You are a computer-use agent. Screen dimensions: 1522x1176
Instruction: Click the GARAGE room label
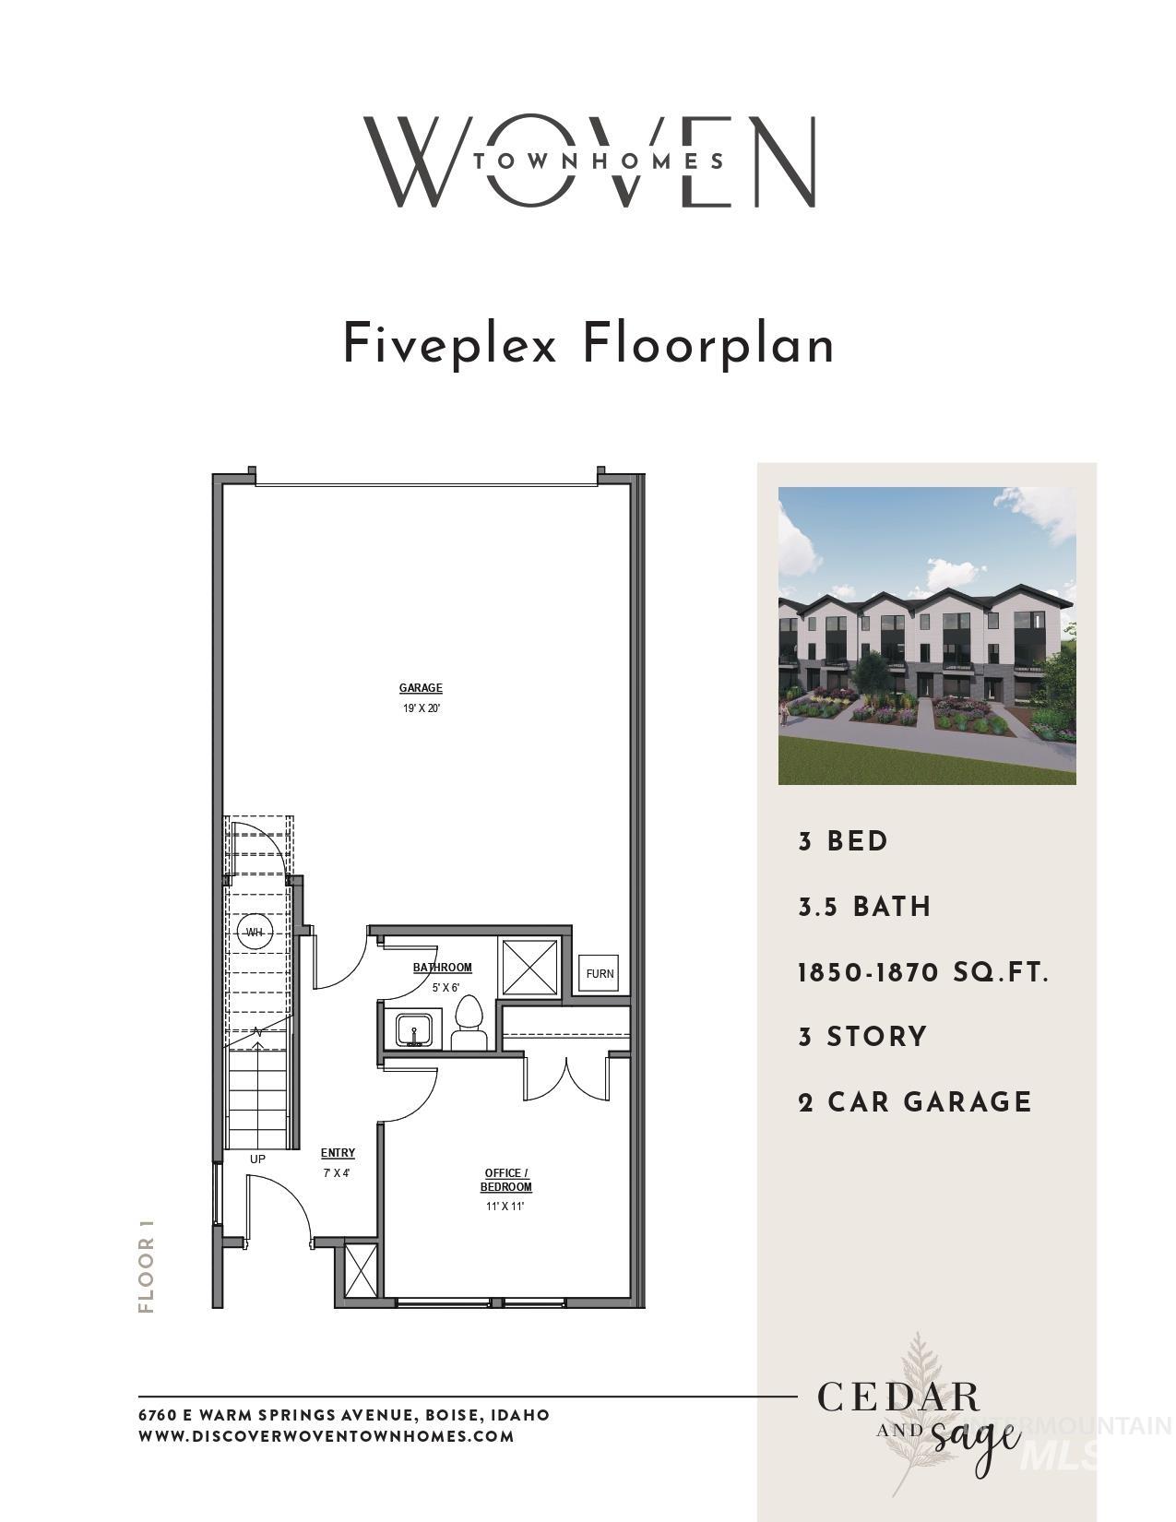tap(421, 688)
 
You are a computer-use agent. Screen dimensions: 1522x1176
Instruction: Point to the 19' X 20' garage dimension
tap(421, 709)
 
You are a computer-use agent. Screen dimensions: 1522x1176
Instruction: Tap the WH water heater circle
tap(254, 932)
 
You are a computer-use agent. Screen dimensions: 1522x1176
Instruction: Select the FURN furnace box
tap(600, 974)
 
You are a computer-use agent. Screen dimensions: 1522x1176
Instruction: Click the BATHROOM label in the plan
tap(442, 968)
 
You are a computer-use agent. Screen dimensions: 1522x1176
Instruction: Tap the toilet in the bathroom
tap(469, 1023)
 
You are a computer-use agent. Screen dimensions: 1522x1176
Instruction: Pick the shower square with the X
tap(529, 966)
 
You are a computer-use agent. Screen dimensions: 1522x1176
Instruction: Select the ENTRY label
tap(338, 1153)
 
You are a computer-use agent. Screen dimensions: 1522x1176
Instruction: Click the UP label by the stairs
tap(257, 1159)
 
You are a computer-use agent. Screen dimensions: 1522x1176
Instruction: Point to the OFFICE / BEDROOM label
tap(505, 1180)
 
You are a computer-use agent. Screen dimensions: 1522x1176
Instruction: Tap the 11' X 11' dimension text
tap(505, 1207)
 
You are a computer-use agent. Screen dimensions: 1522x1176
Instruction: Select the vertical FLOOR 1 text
tap(146, 1263)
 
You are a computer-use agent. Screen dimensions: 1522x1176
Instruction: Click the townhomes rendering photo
tap(926, 636)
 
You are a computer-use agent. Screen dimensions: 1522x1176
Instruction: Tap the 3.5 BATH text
tap(864, 907)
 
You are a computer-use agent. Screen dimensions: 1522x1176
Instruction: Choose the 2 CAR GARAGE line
tap(914, 1102)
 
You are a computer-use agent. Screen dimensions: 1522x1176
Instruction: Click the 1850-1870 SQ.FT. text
tap(922, 972)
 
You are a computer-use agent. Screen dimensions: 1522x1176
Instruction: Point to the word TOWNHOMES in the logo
tap(598, 161)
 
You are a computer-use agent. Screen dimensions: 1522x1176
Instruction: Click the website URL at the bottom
tap(326, 1436)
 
